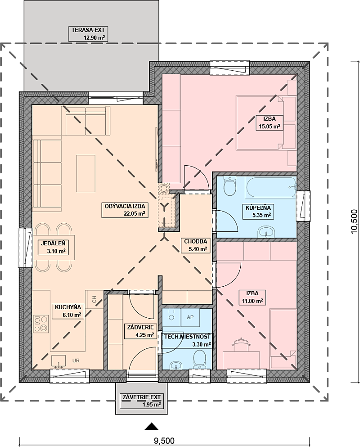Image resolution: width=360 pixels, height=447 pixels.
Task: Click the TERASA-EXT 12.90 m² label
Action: pyautogui.click(x=88, y=34)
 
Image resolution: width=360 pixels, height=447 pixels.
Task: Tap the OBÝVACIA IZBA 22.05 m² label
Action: pyautogui.click(x=125, y=210)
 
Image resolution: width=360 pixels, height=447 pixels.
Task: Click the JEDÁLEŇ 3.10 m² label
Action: pyautogui.click(x=53, y=247)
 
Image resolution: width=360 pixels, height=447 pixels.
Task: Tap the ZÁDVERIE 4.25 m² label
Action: pyautogui.click(x=140, y=331)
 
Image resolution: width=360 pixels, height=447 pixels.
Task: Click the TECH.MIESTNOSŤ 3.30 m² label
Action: pyautogui.click(x=187, y=340)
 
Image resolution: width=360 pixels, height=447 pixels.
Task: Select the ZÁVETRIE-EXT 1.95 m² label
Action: pyautogui.click(x=142, y=401)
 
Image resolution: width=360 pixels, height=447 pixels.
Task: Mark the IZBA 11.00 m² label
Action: pyautogui.click(x=252, y=297)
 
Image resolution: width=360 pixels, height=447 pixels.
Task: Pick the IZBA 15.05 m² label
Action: pyautogui.click(x=269, y=122)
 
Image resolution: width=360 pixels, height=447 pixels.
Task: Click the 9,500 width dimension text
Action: pyautogui.click(x=164, y=441)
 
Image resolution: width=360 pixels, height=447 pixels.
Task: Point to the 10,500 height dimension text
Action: pyautogui.click(x=354, y=221)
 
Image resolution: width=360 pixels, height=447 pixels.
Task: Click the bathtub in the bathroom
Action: pyautogui.click(x=271, y=188)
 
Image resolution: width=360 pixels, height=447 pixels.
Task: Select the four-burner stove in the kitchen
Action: pyautogui.click(x=40, y=324)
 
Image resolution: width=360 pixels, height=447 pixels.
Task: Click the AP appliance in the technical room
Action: pyautogui.click(x=190, y=317)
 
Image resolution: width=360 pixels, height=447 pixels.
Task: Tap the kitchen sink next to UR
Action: pyautogui.click(x=58, y=361)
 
